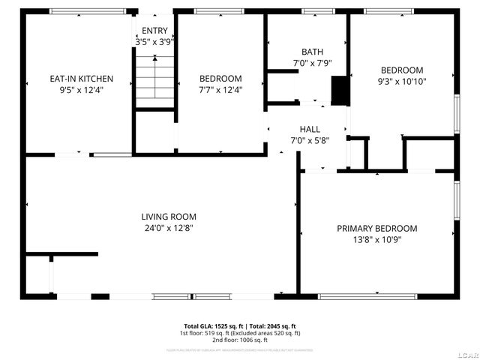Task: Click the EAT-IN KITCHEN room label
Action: tap(81, 79)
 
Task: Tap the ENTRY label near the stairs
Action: tap(155, 31)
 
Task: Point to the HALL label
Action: tap(310, 129)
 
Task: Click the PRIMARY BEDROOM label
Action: tap(376, 229)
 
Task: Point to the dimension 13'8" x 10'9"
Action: tap(376, 241)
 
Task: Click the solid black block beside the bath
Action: tap(340, 90)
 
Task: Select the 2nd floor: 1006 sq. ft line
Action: tap(240, 340)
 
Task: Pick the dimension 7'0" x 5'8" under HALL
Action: tap(310, 140)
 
